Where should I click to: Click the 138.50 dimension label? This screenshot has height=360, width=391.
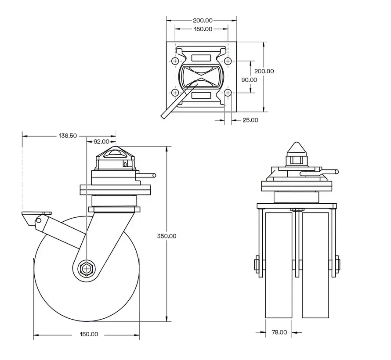pos(68,136)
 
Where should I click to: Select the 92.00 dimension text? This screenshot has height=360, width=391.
pos(101,141)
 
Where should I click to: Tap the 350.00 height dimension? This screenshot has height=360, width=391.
pos(167,236)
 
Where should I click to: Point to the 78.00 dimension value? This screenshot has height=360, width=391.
pos(279,332)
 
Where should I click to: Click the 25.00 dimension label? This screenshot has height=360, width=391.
pos(250,120)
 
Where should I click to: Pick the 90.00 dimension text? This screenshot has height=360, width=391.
pos(249,79)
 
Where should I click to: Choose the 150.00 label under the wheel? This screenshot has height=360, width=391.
pos(89,334)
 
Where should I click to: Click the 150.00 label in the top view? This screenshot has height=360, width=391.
pos(203,29)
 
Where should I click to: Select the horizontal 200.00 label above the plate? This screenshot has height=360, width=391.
pos(203,20)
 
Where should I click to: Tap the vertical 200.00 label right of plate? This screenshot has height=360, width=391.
pos(264,71)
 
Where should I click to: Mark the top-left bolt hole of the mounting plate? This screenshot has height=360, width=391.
pos(175,61)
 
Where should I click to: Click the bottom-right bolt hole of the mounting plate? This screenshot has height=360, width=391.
pos(228,93)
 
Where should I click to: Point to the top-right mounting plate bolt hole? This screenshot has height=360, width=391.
pos(228,61)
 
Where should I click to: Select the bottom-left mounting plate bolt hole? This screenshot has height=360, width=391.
pos(175,93)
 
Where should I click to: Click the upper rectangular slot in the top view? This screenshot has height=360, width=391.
pos(201,58)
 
